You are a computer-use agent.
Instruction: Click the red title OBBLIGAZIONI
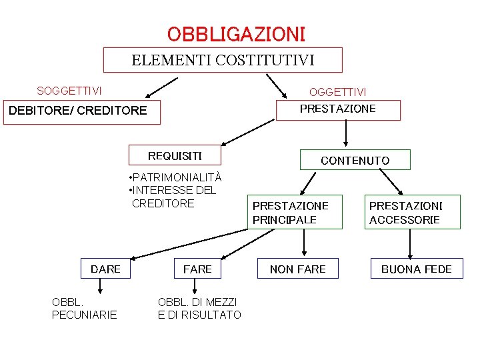coord(236,33)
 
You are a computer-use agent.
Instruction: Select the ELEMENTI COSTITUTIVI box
coord(223,60)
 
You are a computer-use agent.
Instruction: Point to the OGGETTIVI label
coord(337,91)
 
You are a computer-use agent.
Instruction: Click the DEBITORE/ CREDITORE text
coord(77,110)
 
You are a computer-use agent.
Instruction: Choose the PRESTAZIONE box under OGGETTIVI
coord(338,109)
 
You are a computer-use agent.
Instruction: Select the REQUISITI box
coord(175,156)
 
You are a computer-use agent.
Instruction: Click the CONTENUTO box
coord(355,160)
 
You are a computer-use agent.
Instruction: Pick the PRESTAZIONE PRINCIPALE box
coord(291,213)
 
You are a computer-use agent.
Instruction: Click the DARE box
coord(105,269)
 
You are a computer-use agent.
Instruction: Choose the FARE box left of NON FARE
coord(197,269)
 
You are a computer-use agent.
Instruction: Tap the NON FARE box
coord(298,269)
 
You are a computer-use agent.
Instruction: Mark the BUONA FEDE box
coord(417,269)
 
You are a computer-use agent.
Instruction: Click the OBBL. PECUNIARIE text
coord(84,309)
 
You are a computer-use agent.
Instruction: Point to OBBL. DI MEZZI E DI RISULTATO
coord(199,309)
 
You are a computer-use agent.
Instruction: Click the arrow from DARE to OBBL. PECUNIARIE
coord(101,287)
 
